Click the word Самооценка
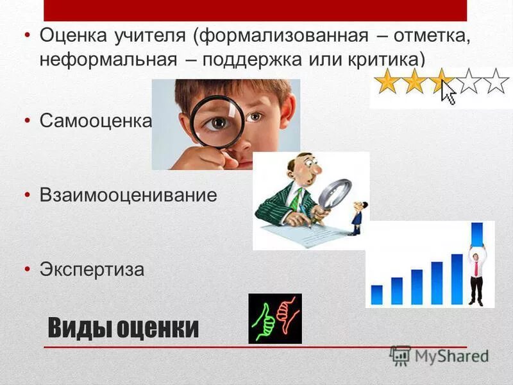(96, 121)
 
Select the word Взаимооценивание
(128, 195)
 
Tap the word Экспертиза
(92, 269)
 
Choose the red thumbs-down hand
(287, 314)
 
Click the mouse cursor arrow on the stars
(448, 92)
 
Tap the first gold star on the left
(387, 82)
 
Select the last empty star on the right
(496, 81)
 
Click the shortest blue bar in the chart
(376, 295)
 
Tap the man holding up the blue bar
(476, 277)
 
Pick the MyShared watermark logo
(439, 355)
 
